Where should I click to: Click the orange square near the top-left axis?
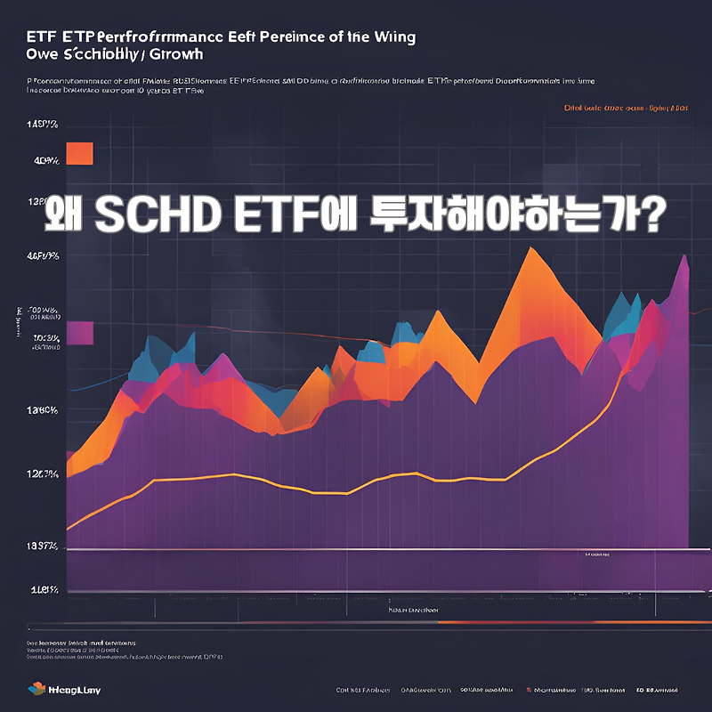tap(80, 153)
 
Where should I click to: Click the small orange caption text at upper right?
tap(626, 109)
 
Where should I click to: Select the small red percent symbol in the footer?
tap(529, 690)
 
